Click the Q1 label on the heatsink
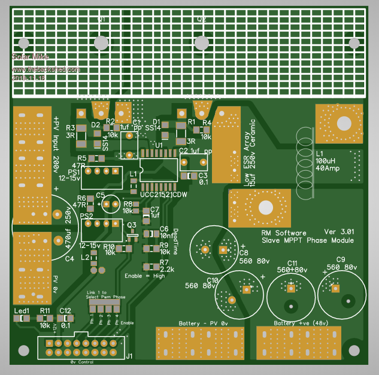(102, 19)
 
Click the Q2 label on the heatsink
(202, 19)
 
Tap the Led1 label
(22, 310)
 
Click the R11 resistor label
(45, 310)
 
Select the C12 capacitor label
(65, 310)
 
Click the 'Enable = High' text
(144, 276)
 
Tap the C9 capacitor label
(341, 259)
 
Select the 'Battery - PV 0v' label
(204, 323)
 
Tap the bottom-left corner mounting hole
(23, 350)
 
